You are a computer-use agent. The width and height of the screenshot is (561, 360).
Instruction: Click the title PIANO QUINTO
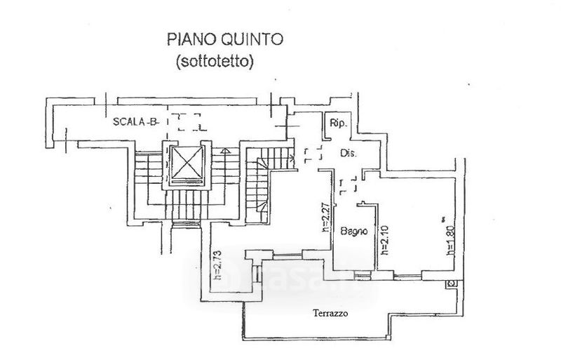tap(224, 39)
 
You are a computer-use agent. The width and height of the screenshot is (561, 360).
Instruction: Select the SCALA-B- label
tap(136, 121)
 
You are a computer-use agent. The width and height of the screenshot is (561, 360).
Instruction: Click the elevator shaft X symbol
tap(188, 166)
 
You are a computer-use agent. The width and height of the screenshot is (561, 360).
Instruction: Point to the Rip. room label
tap(339, 124)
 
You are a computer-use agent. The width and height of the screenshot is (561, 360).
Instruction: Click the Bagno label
tap(356, 231)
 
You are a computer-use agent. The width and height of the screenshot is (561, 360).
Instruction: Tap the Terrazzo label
tap(331, 314)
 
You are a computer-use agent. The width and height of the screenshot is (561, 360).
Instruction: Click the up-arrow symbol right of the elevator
tap(224, 149)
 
